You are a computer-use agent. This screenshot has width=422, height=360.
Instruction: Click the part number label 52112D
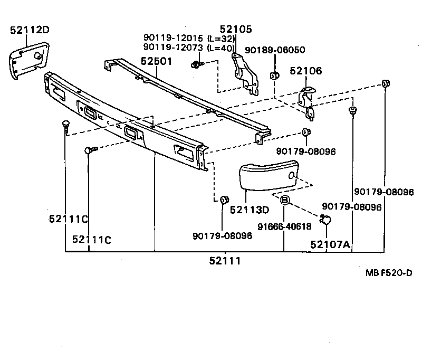(x=30, y=30)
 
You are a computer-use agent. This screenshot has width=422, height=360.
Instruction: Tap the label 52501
(x=157, y=61)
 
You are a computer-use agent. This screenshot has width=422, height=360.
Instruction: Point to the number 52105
(x=236, y=30)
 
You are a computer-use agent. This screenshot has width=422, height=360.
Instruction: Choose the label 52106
(x=305, y=71)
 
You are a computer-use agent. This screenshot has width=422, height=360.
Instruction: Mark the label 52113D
(x=250, y=210)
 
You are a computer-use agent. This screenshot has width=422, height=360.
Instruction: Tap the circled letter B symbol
(x=284, y=200)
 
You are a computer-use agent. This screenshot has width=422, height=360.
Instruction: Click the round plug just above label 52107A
(x=326, y=221)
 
